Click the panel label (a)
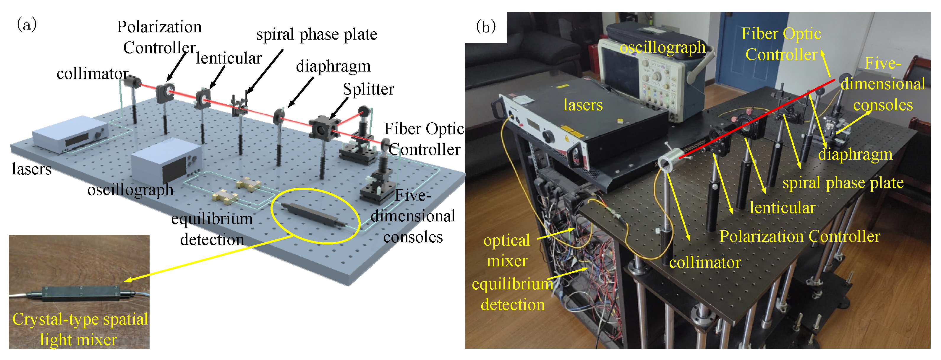click(27, 25)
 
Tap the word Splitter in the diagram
click(368, 89)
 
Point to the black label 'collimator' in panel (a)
click(92, 74)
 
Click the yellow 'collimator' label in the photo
click(705, 262)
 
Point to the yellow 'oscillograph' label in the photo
click(662, 48)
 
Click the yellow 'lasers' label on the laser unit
click(583, 105)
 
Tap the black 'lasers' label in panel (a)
click(31, 169)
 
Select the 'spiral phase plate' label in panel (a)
click(316, 35)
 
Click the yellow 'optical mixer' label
click(507, 250)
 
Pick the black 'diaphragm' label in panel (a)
click(333, 67)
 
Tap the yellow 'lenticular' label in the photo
click(782, 208)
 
